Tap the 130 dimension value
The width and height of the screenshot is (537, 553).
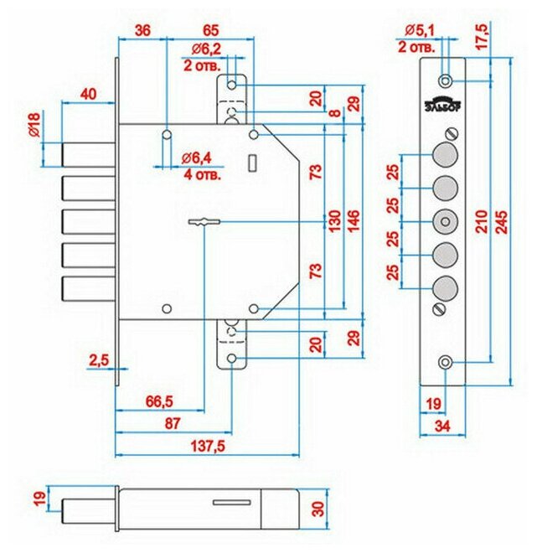coord(333,220)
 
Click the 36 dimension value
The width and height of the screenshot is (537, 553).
coord(144,30)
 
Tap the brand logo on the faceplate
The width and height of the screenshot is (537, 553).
coord(446,105)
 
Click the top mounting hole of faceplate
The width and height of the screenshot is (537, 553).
coord(446,80)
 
